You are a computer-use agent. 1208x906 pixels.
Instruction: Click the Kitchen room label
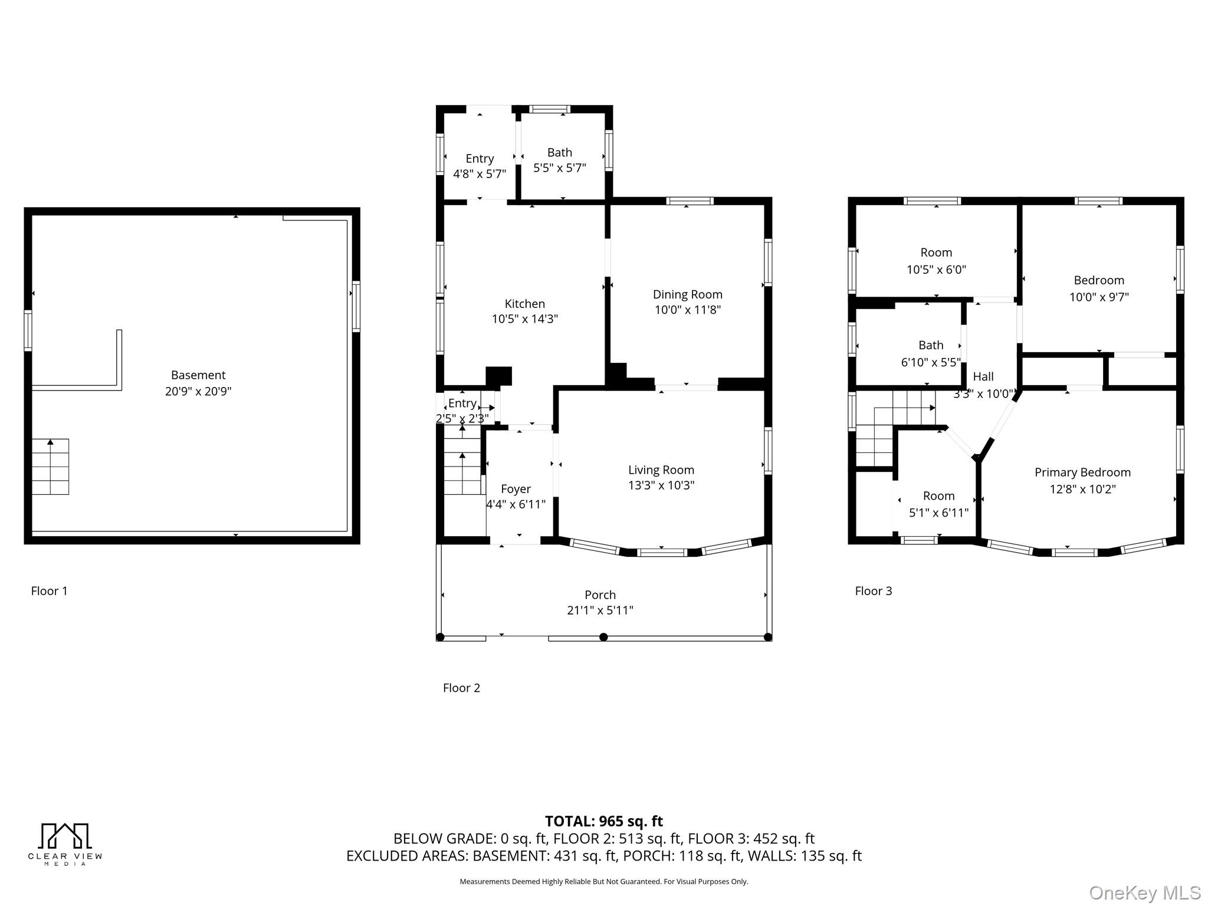coord(524,304)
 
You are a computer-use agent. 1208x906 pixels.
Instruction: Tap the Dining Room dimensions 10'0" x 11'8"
coord(687,310)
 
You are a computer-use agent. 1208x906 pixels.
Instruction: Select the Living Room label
coord(661,470)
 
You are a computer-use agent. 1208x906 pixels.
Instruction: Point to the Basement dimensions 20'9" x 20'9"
coord(198,391)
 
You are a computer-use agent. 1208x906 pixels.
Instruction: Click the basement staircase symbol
coord(50,467)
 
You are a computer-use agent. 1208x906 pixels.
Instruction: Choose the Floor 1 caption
coord(49,591)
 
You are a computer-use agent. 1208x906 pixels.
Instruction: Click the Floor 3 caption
coord(873,591)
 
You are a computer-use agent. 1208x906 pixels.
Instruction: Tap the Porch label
coord(600,595)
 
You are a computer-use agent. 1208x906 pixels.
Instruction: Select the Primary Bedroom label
coord(1082,472)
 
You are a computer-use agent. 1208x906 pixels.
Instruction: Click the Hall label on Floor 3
coord(983,376)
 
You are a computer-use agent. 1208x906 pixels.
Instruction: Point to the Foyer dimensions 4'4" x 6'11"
coord(516,504)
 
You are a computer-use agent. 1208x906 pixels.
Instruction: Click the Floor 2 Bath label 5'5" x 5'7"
coord(559,153)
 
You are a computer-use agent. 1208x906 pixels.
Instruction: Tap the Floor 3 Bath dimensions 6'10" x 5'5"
coord(930,362)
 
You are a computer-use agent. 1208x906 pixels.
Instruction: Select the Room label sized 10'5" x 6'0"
coord(936,252)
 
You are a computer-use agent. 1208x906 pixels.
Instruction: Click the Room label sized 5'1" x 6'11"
coord(938,496)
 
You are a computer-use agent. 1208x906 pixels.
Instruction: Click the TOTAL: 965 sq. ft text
coord(603,821)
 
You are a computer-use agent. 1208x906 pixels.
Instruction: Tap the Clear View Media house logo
coord(65,836)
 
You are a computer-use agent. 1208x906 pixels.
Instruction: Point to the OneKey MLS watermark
coord(1144,893)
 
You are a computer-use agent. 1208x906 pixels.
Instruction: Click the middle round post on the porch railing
coord(603,637)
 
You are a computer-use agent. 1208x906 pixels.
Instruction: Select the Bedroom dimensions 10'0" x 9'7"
coord(1098,297)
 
